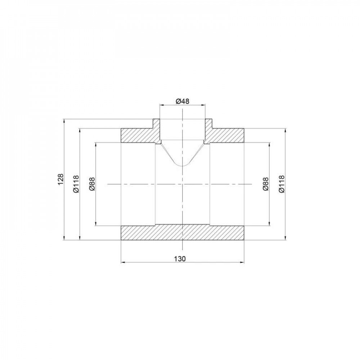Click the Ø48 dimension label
(183, 102)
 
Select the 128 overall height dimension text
(60, 179)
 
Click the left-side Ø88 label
(92, 184)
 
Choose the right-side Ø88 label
(266, 184)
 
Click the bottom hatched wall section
(183, 233)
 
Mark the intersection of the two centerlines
(183, 184)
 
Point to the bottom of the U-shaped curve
(183, 166)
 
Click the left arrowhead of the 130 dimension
(122, 262)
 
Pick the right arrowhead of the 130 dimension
(244, 262)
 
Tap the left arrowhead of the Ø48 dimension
(161, 105)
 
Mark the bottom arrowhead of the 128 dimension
(64, 238)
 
